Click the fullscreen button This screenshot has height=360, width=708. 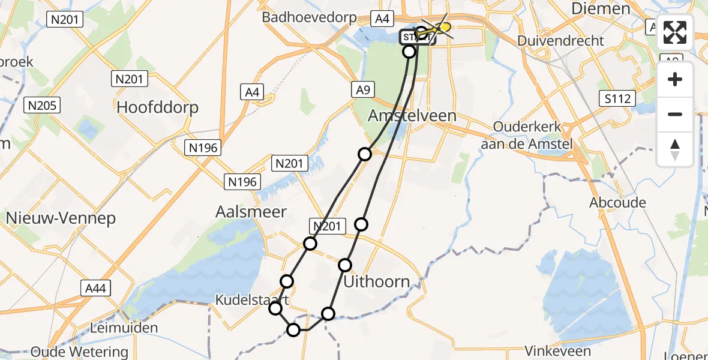[x=675, y=32]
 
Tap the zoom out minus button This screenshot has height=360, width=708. [x=675, y=114]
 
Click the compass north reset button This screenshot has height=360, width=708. [x=675, y=149]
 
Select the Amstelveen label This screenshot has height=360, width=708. [x=412, y=115]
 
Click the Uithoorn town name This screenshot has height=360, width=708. [x=377, y=281]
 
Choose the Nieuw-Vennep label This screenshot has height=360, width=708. [x=61, y=218]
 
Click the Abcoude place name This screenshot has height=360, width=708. [x=617, y=202]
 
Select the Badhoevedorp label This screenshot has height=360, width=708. [x=309, y=17]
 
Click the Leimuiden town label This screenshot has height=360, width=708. [x=123, y=328]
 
